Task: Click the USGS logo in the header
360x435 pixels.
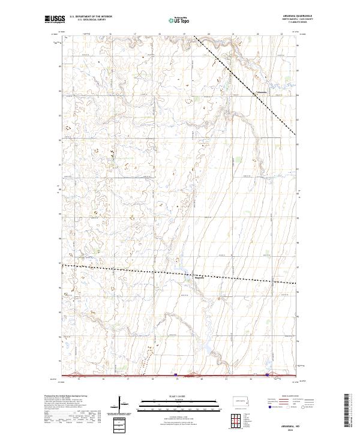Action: [x=55, y=19]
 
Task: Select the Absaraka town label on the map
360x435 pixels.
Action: [x=262, y=92]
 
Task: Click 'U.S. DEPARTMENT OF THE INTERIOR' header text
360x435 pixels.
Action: [x=91, y=16]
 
